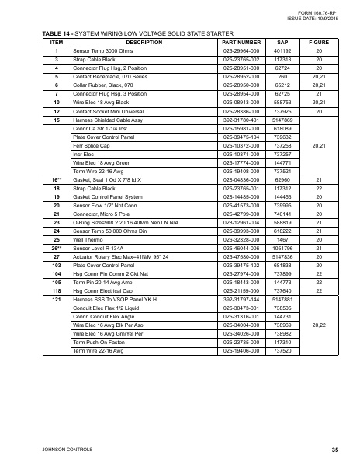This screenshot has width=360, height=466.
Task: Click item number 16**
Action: point(56,179)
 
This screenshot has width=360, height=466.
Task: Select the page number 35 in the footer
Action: point(334,450)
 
